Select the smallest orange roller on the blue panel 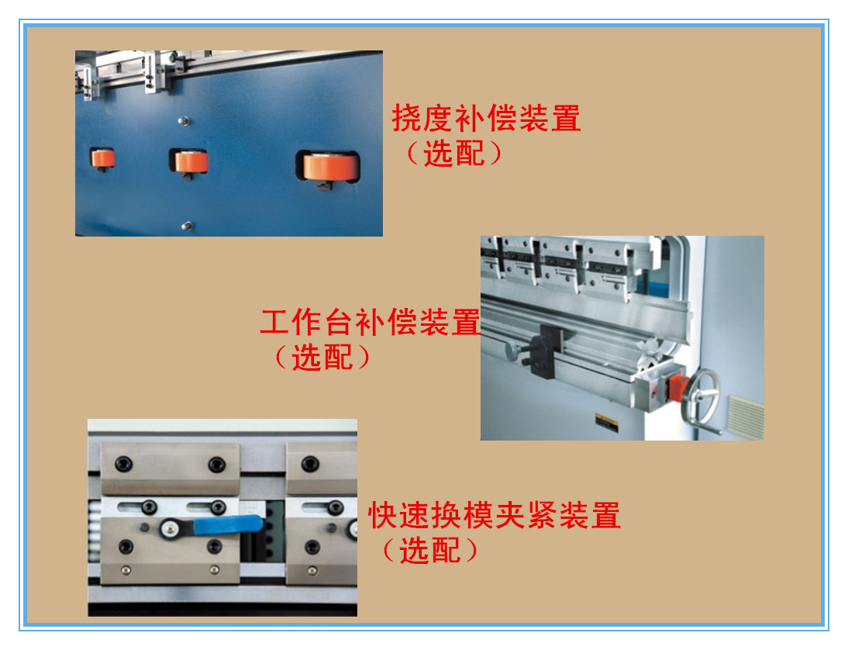103,158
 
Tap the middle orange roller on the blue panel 191,161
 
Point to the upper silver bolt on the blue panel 184,120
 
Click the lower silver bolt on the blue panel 185,226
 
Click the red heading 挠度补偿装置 486,119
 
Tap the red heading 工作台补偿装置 370,323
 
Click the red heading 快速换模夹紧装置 494,515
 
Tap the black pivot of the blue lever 170,530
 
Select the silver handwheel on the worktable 702,396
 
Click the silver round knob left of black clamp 512,350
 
